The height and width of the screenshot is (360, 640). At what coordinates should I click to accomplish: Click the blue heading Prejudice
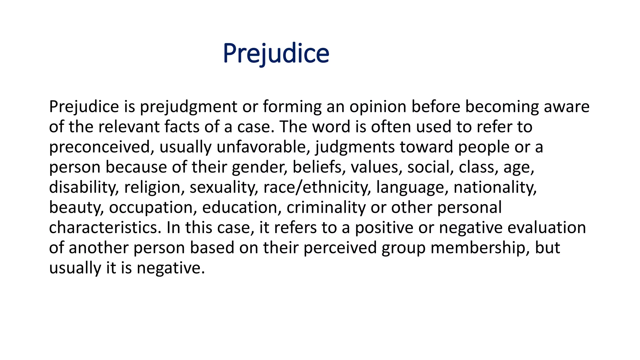click(x=276, y=53)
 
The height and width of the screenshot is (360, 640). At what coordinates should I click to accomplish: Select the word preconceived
click(x=100, y=147)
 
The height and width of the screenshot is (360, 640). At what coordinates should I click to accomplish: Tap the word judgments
click(x=355, y=147)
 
